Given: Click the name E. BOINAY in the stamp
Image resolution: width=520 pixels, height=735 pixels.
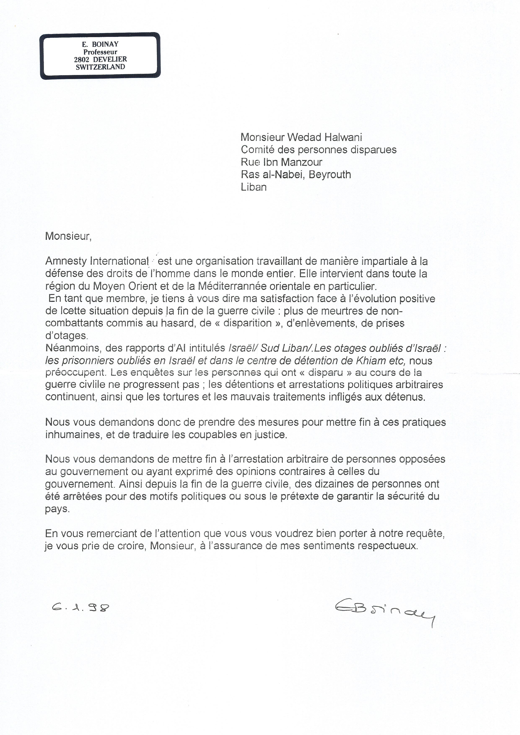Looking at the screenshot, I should tap(100, 44).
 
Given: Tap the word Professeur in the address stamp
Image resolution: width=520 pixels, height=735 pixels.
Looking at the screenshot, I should tap(100, 52).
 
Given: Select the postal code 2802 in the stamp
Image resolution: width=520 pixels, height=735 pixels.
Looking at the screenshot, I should tap(81, 59).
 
